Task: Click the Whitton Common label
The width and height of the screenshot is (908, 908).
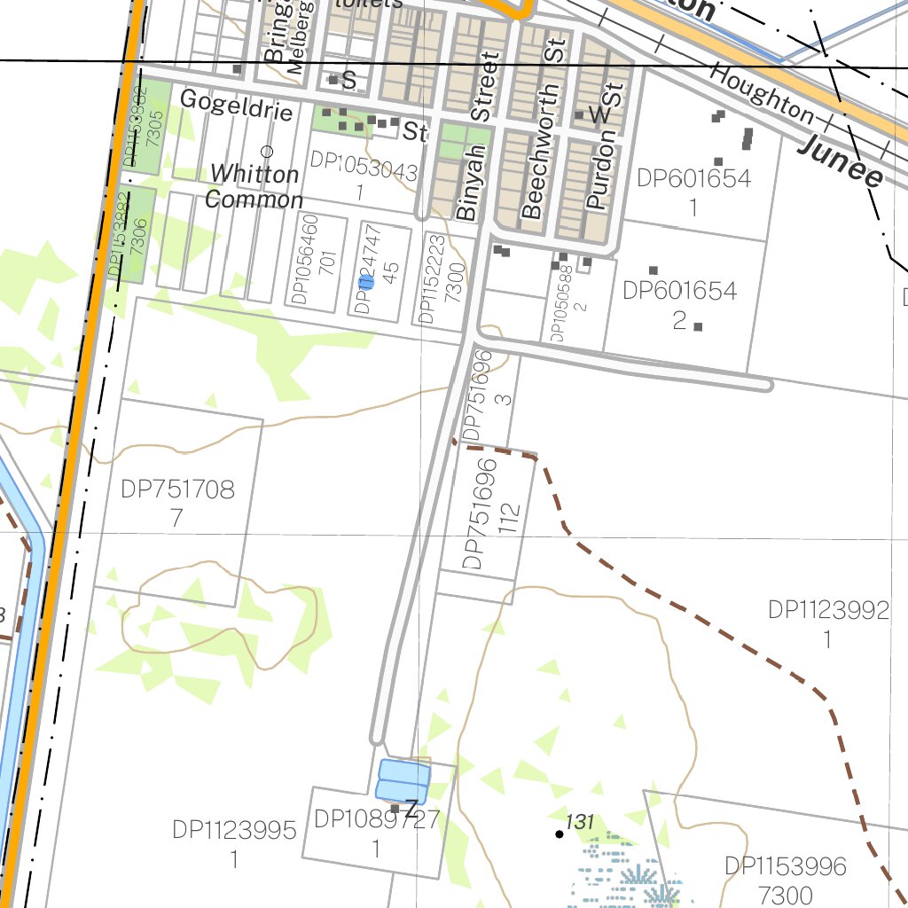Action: pyautogui.click(x=254, y=186)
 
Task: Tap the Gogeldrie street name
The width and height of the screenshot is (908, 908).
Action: pyautogui.click(x=236, y=99)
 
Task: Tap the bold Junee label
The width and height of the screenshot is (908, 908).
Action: pyautogui.click(x=841, y=160)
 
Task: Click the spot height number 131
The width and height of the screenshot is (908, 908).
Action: pyautogui.click(x=579, y=822)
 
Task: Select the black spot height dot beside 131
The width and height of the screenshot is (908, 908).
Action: pyautogui.click(x=560, y=834)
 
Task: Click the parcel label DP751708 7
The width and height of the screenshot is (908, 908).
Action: pyautogui.click(x=178, y=502)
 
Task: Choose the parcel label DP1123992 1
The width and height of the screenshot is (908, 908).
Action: pyautogui.click(x=828, y=623)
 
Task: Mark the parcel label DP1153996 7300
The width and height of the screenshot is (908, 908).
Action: pyautogui.click(x=786, y=879)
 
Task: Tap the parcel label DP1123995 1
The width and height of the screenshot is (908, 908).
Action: pyautogui.click(x=234, y=843)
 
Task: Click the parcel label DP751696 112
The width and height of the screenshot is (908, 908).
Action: pyautogui.click(x=489, y=514)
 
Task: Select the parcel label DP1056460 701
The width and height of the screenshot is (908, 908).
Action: pyautogui.click(x=317, y=259)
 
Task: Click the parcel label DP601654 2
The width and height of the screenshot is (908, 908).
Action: pyautogui.click(x=680, y=304)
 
